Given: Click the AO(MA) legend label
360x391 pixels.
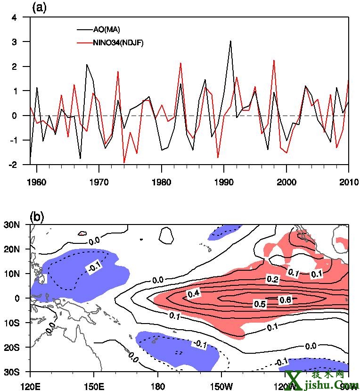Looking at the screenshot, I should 107,30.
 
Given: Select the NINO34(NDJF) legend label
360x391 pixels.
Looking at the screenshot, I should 118,43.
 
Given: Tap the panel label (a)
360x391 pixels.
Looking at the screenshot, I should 39,8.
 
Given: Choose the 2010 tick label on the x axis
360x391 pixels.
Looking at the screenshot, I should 349,182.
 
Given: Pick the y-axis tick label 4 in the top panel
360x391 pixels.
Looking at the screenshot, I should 15,18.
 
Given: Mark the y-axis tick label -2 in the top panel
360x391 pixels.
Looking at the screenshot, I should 13,165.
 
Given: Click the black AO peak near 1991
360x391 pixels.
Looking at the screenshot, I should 230,41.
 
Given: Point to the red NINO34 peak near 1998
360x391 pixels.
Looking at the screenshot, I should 274,60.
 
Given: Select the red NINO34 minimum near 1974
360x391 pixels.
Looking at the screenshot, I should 124,163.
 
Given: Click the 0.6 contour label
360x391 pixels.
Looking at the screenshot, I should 286,299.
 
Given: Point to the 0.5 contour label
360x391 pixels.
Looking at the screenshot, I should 260,304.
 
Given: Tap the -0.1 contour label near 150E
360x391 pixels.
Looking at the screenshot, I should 94,268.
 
